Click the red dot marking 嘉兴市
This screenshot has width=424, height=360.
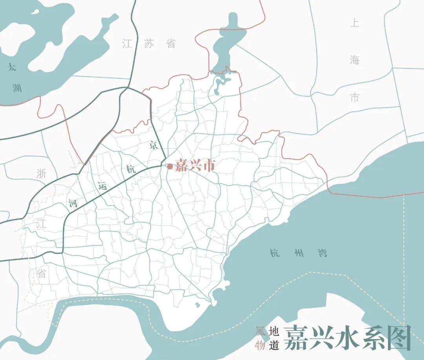point(170,167)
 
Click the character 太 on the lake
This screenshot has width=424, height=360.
point(13,67)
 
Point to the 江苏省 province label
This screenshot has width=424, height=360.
point(149,44)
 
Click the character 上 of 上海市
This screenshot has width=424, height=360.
point(355,23)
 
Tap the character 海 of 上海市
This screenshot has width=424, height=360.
point(355,60)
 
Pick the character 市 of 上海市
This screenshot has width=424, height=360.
point(355,97)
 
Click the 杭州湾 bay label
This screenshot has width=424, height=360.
point(298,253)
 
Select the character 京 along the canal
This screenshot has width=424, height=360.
point(154,146)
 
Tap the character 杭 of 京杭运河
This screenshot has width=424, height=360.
point(131,170)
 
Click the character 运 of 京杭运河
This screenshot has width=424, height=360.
point(102,186)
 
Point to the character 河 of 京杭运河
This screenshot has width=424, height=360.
point(73,204)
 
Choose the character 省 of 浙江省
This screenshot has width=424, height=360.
point(41,274)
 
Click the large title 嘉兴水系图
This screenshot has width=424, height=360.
point(347,338)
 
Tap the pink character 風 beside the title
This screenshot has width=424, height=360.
point(260,331)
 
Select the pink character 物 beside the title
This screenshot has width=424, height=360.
point(260,345)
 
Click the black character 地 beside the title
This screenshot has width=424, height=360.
point(273,331)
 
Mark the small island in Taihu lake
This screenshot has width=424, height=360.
point(35,11)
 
